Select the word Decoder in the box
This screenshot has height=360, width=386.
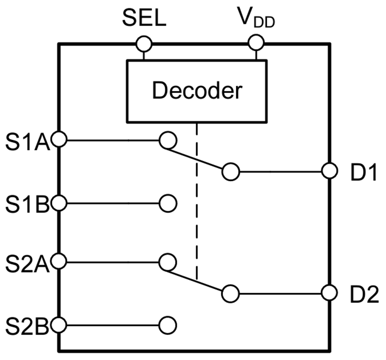coord(197,90)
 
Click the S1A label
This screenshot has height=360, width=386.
coord(27,142)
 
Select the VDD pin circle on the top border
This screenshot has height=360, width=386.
coord(256,43)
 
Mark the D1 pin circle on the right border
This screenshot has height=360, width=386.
coord(329,171)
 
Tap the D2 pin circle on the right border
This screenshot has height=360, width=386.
coord(329,294)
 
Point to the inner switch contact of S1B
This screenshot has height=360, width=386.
coord(168,203)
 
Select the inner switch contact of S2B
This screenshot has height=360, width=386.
coord(168,326)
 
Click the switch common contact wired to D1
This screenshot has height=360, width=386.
coord(231,172)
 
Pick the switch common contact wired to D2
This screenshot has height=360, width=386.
coord(231,294)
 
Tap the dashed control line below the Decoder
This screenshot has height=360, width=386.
coord(196,201)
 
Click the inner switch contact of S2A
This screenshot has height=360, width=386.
coord(167,262)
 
